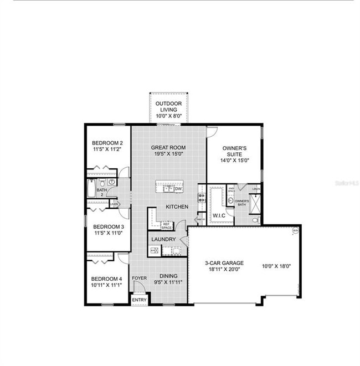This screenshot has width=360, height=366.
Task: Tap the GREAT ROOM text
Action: coord(169,148)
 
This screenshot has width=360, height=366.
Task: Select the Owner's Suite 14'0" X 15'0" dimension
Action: coord(234,160)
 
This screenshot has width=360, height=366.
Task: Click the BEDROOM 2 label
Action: coord(107,143)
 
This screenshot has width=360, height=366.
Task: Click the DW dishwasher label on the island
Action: coord(178,189)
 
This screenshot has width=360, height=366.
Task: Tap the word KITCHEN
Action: coord(177,207)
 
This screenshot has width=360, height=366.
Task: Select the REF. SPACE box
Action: coord(166,226)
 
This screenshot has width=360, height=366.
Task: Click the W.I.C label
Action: coord(218,215)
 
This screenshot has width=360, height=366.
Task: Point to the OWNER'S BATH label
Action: coord(241,203)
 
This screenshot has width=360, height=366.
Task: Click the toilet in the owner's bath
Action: coord(255,220)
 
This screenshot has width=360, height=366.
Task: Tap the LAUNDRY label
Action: coord(164,239)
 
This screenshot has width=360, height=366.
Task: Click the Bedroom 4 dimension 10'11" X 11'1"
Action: coord(106,285)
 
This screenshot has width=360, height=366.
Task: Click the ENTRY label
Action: coord(140,300)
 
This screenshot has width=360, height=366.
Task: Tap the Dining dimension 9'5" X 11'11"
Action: coord(168,282)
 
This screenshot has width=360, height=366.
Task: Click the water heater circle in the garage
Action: coord(296,231)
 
